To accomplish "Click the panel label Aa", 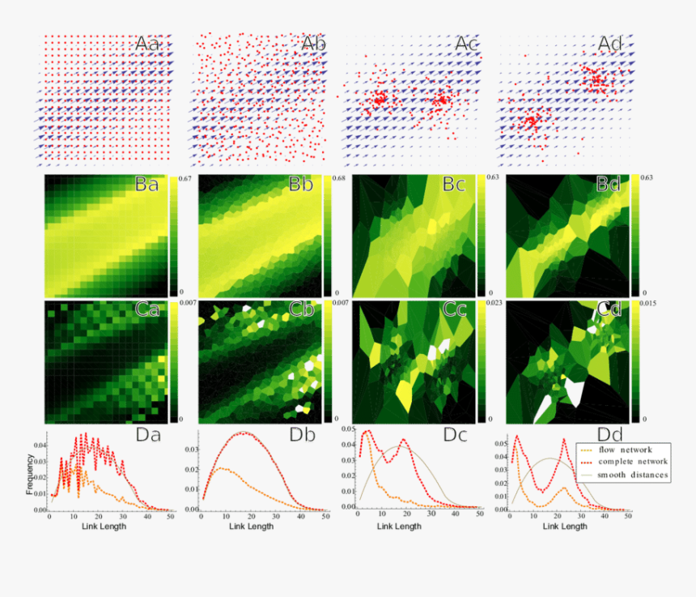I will pyautogui.click(x=152, y=44).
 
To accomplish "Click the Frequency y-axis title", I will pyautogui.click(x=31, y=479).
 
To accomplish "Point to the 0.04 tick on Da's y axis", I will pyautogui.click(x=39, y=445).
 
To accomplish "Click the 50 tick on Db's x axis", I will pyautogui.click(x=325, y=516).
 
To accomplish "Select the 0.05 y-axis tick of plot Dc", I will pyautogui.click(x=346, y=428).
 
